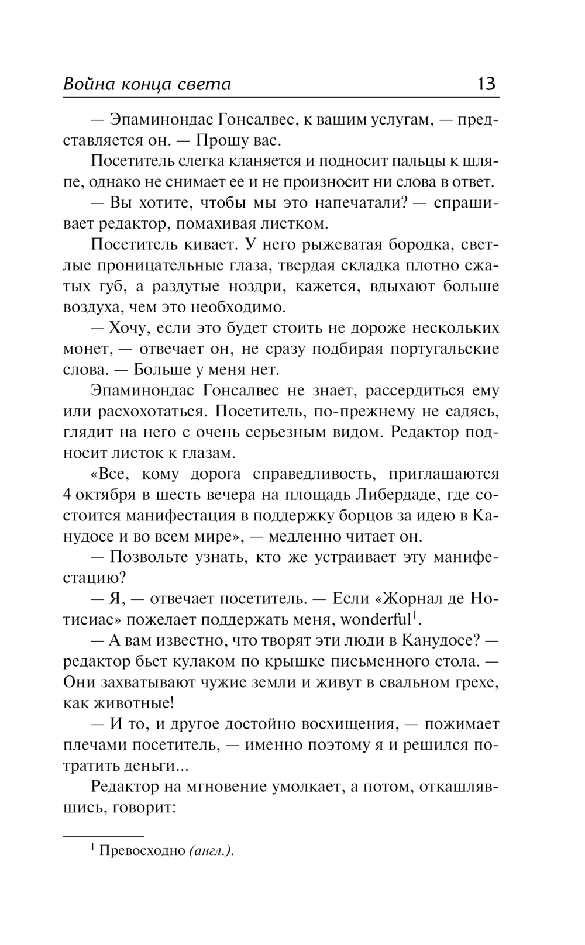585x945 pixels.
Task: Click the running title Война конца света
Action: pyautogui.click(x=147, y=85)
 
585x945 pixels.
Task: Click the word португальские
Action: pyautogui.click(x=445, y=349)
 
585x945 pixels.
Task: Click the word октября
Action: pyautogui.click(x=108, y=495)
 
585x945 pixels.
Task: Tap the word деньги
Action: pyautogui.click(x=148, y=765)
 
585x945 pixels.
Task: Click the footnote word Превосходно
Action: pyautogui.click(x=142, y=851)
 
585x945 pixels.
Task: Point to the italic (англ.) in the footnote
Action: pyautogui.click(x=211, y=851)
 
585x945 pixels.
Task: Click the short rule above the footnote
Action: pyautogui.click(x=103, y=836)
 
